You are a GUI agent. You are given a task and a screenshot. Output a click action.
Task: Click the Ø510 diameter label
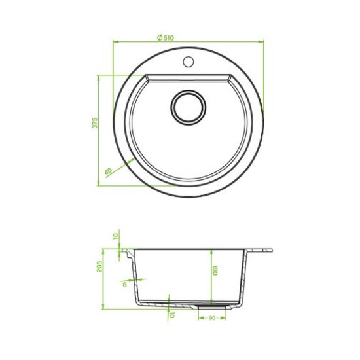click(166, 38)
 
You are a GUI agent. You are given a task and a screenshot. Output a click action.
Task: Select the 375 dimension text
click(95, 123)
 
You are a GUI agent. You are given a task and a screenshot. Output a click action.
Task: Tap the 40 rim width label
click(109, 171)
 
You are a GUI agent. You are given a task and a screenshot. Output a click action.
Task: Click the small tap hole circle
click(189, 62)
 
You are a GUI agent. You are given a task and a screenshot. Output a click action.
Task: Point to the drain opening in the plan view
click(189, 108)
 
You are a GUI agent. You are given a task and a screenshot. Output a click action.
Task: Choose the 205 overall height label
click(99, 266)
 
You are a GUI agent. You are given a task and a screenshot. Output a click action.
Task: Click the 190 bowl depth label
click(215, 270)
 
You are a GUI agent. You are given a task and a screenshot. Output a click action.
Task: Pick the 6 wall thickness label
click(124, 285)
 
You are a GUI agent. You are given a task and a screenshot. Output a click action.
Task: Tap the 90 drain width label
click(212, 318)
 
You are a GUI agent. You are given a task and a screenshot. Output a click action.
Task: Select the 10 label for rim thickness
click(116, 236)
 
